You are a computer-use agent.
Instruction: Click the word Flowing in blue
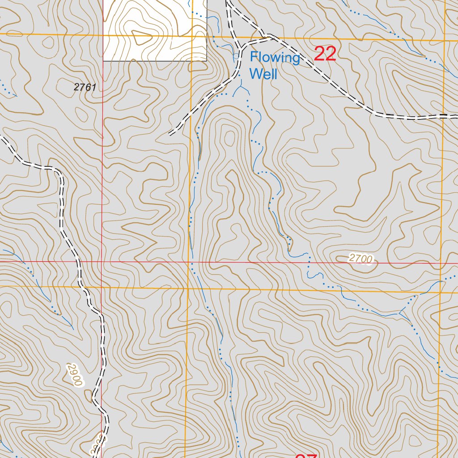[x=275, y=58]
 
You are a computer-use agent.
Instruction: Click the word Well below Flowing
[x=263, y=74]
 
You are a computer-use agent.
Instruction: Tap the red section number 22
[x=325, y=54]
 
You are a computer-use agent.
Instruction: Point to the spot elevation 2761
[x=85, y=88]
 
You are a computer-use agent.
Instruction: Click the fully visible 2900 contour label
[x=76, y=375]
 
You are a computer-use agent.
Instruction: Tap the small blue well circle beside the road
[x=236, y=56]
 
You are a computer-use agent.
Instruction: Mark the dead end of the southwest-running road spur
[x=170, y=133]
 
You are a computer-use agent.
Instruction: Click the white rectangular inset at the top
[x=155, y=30]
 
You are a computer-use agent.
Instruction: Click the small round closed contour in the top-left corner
[x=47, y=42]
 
